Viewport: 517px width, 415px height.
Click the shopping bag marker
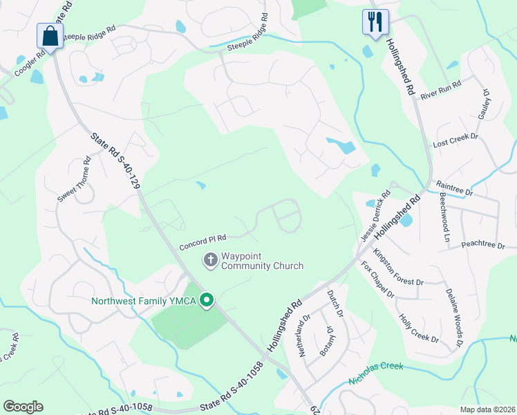tap(50, 35)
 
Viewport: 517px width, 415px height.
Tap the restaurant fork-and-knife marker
tap(375, 21)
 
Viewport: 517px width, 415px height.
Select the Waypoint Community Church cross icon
tap(210, 260)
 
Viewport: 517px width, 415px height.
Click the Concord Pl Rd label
tap(203, 242)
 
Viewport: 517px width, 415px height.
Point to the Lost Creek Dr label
tap(455, 140)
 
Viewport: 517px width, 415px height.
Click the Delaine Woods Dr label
tap(454, 317)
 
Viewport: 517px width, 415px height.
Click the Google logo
tap(23, 407)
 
